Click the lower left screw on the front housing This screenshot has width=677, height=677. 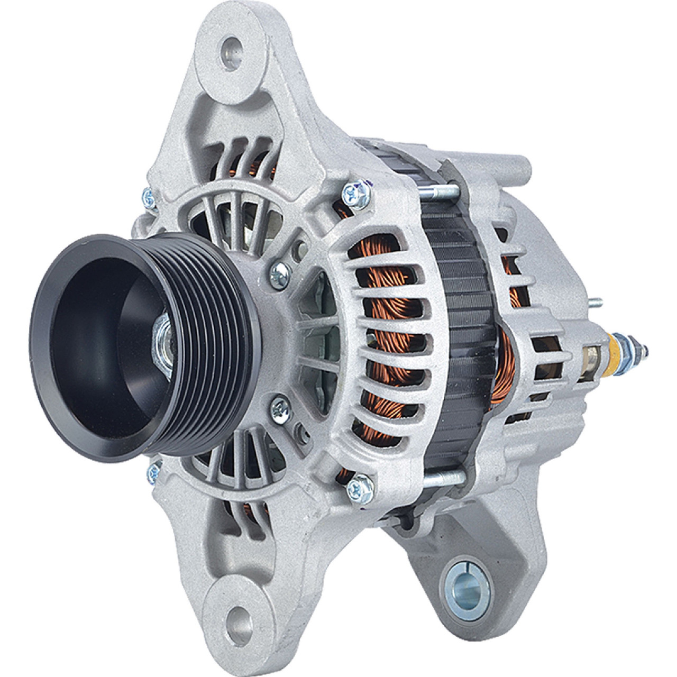155,468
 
